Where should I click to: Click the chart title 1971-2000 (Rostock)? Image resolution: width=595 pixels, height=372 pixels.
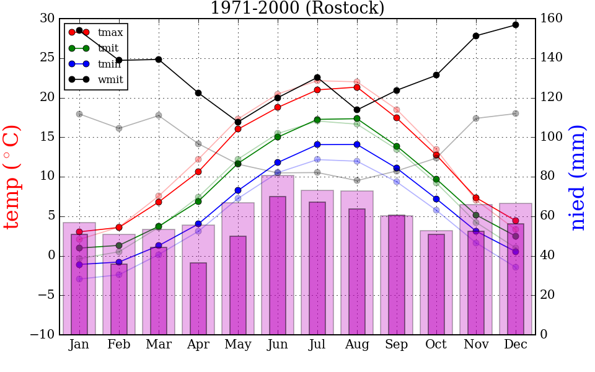click(297, 9)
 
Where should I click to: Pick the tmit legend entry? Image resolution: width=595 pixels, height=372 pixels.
click(108, 48)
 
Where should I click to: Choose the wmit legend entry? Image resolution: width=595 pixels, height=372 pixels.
click(110, 79)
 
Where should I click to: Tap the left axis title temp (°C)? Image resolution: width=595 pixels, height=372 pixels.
click(13, 177)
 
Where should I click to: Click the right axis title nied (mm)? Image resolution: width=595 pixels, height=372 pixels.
click(578, 177)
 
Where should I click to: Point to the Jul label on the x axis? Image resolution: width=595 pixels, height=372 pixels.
click(317, 345)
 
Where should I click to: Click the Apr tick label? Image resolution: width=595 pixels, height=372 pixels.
click(198, 345)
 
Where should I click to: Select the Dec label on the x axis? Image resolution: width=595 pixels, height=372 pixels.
click(516, 345)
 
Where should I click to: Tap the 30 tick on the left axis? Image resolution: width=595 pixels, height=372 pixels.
click(47, 19)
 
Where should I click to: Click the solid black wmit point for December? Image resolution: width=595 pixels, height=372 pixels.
click(516, 25)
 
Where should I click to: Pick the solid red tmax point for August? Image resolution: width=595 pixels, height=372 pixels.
click(357, 87)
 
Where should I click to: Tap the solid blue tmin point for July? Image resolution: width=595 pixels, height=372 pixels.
click(317, 144)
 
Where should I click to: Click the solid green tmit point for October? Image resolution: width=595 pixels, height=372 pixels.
click(436, 179)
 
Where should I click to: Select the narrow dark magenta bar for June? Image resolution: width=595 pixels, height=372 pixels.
click(278, 265)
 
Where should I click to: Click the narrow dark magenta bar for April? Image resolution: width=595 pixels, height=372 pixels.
click(198, 299)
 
